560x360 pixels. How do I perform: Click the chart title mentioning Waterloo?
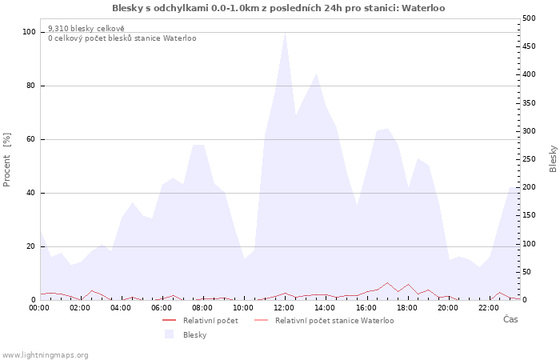(278, 8)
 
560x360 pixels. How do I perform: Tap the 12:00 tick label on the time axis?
(284, 308)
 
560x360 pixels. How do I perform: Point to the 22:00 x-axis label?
(489, 308)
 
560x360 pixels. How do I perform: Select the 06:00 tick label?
(162, 308)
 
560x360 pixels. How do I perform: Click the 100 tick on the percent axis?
(29, 32)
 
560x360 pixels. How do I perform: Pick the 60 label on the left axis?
(30, 139)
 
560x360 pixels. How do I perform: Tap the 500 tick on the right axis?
(529, 18)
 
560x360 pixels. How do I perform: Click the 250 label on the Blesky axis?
(529, 159)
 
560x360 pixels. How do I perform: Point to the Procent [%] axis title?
(6, 160)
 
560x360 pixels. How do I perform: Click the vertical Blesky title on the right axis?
(553, 159)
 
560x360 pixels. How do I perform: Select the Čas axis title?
(510, 319)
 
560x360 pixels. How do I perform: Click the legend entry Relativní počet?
(210, 321)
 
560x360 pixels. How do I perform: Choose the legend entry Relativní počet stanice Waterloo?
(334, 321)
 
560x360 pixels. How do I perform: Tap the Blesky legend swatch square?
(169, 334)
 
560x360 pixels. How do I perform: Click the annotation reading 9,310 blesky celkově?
(86, 29)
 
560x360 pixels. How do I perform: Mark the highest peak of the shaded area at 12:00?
(285, 33)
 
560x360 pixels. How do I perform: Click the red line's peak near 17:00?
(387, 282)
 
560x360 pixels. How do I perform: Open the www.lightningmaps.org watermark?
(44, 355)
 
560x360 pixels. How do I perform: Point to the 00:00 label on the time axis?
(39, 308)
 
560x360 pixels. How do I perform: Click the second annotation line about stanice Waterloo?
(122, 38)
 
